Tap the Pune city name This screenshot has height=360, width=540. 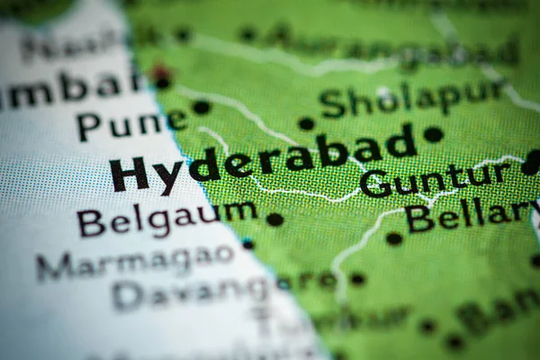click(131, 123)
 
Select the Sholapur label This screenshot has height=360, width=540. click(411, 98)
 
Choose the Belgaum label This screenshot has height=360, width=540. click(166, 218)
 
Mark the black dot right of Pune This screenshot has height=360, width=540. click(201, 107)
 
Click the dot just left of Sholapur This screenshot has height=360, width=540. click(306, 123)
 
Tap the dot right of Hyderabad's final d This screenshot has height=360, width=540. click(433, 134)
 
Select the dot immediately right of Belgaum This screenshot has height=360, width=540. click(274, 219)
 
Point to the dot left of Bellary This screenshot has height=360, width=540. click(393, 238)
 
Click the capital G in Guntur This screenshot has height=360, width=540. click(374, 184)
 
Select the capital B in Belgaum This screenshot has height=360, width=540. click(90, 222)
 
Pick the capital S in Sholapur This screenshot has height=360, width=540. click(332, 104)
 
